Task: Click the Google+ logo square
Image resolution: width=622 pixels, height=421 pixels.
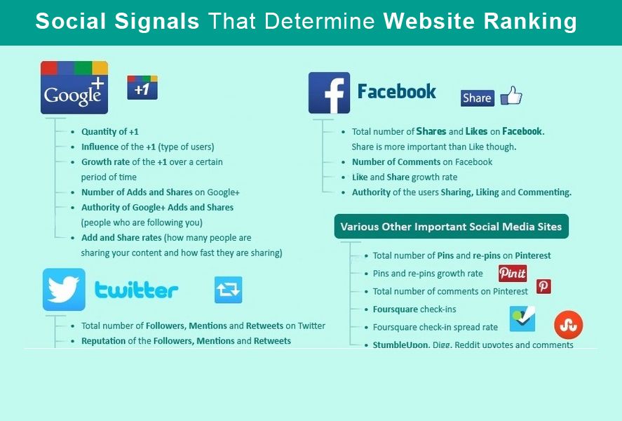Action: coord(74,87)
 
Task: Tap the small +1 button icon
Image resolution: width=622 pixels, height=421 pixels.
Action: coord(142,87)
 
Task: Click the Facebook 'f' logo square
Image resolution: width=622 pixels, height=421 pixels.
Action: coord(330,93)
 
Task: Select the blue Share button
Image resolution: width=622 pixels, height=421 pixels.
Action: coord(478,98)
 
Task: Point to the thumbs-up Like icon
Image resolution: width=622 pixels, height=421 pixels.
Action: coord(511,95)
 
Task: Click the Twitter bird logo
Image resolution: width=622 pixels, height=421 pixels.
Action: coord(64,289)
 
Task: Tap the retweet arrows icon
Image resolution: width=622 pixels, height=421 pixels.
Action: coord(229,290)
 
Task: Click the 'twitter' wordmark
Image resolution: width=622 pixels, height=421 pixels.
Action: coord(137,290)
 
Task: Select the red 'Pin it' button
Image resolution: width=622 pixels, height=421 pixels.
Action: coord(513,274)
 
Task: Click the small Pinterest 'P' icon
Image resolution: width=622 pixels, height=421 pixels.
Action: coord(543,286)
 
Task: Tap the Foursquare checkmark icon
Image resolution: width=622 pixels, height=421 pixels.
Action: coord(522,319)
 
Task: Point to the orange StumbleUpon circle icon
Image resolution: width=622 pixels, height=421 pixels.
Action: coord(569,325)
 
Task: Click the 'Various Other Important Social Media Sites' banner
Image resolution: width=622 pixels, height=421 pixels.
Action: coord(452,227)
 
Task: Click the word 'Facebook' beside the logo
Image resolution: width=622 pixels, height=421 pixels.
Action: coord(397,92)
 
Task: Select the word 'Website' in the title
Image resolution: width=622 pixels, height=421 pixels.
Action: coord(429,20)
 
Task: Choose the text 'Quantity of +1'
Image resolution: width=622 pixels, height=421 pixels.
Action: coord(110,132)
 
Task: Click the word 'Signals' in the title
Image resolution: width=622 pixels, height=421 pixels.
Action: coord(156,22)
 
